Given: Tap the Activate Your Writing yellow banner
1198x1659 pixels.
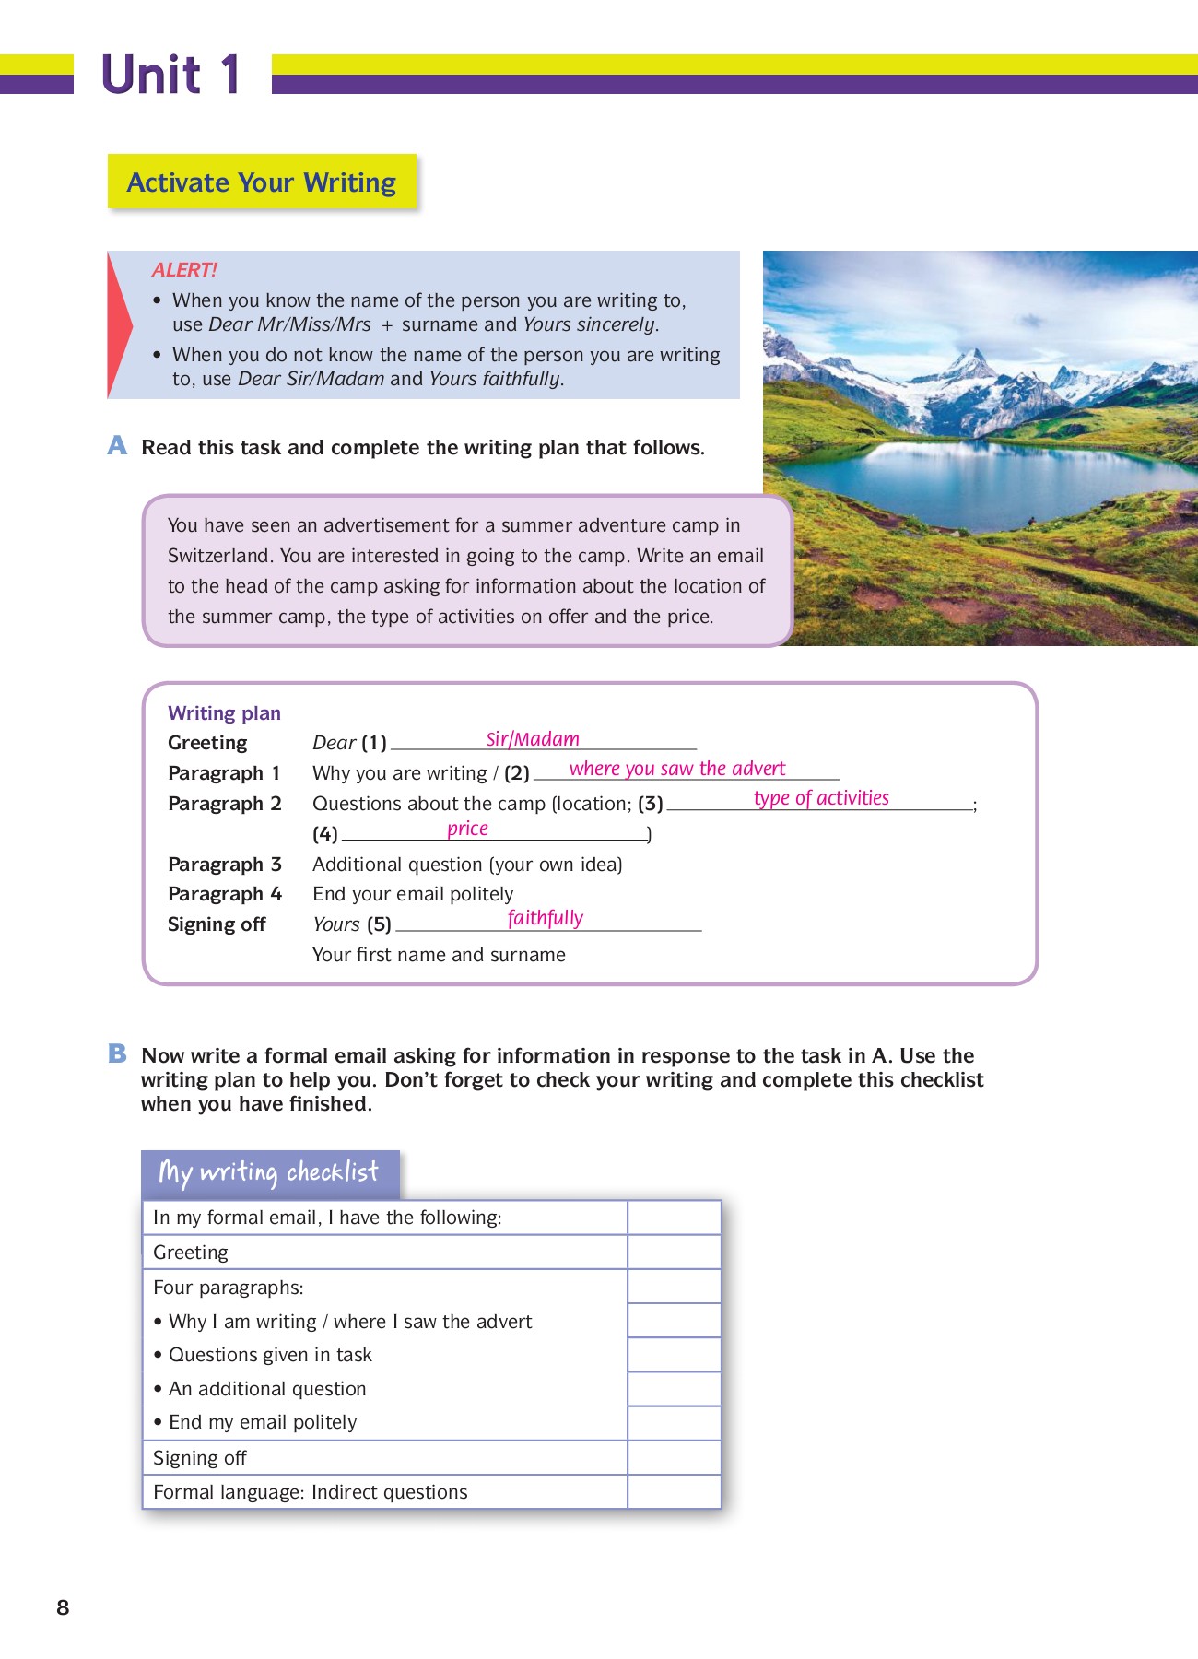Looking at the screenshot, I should tap(262, 182).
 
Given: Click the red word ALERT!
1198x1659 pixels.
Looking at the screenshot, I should tap(184, 270).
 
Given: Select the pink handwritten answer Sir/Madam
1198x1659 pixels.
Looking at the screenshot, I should tap(533, 739).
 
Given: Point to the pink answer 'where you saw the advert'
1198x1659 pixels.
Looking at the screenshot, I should tap(677, 769).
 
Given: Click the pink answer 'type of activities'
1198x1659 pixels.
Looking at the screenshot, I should tap(821, 798).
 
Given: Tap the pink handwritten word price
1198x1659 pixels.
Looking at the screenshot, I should tap(467, 829).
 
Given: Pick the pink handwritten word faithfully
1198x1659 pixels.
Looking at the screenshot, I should tap(546, 918).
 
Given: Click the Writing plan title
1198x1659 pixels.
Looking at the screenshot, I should tap(224, 713).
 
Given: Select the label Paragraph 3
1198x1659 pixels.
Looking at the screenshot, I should tap(224, 865).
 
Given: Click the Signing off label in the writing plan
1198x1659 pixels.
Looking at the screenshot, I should tap(217, 924).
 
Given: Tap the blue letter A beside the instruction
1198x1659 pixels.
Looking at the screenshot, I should tap(117, 446).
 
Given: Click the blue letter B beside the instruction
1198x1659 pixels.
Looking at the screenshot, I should tap(117, 1053).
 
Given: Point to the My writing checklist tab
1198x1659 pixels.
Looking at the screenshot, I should tap(269, 1172).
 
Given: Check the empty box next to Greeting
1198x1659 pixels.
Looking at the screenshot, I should tap(674, 1253).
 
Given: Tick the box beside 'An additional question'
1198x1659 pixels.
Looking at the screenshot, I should tap(674, 1389).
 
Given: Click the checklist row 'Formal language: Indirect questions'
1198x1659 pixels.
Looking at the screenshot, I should tap(311, 1492).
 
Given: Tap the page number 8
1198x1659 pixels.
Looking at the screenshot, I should tap(63, 1607).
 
